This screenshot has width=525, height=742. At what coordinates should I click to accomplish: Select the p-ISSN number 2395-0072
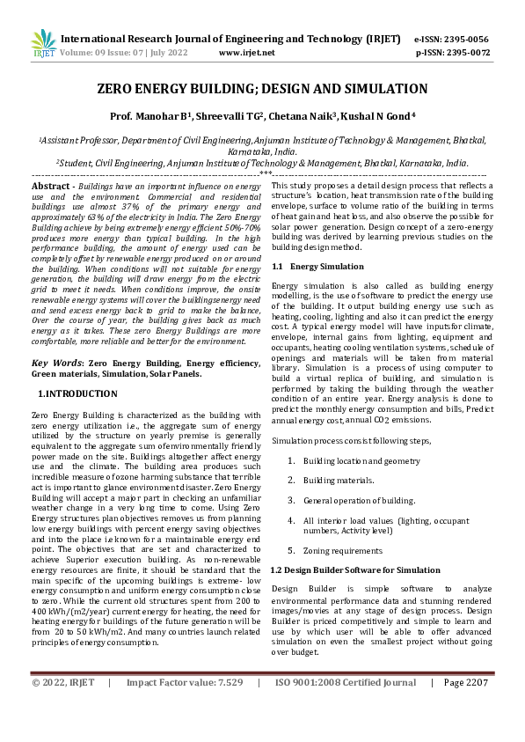point(467,53)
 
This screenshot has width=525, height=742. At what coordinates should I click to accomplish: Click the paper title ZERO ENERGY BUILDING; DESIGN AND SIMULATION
point(262,89)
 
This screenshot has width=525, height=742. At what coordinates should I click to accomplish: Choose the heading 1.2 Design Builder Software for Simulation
point(355,569)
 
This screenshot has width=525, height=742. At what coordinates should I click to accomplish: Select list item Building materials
point(338,480)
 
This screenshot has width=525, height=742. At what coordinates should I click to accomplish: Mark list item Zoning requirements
point(342,550)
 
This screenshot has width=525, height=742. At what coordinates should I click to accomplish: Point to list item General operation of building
point(359,500)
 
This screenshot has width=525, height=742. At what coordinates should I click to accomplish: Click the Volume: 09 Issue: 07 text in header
point(108,53)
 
